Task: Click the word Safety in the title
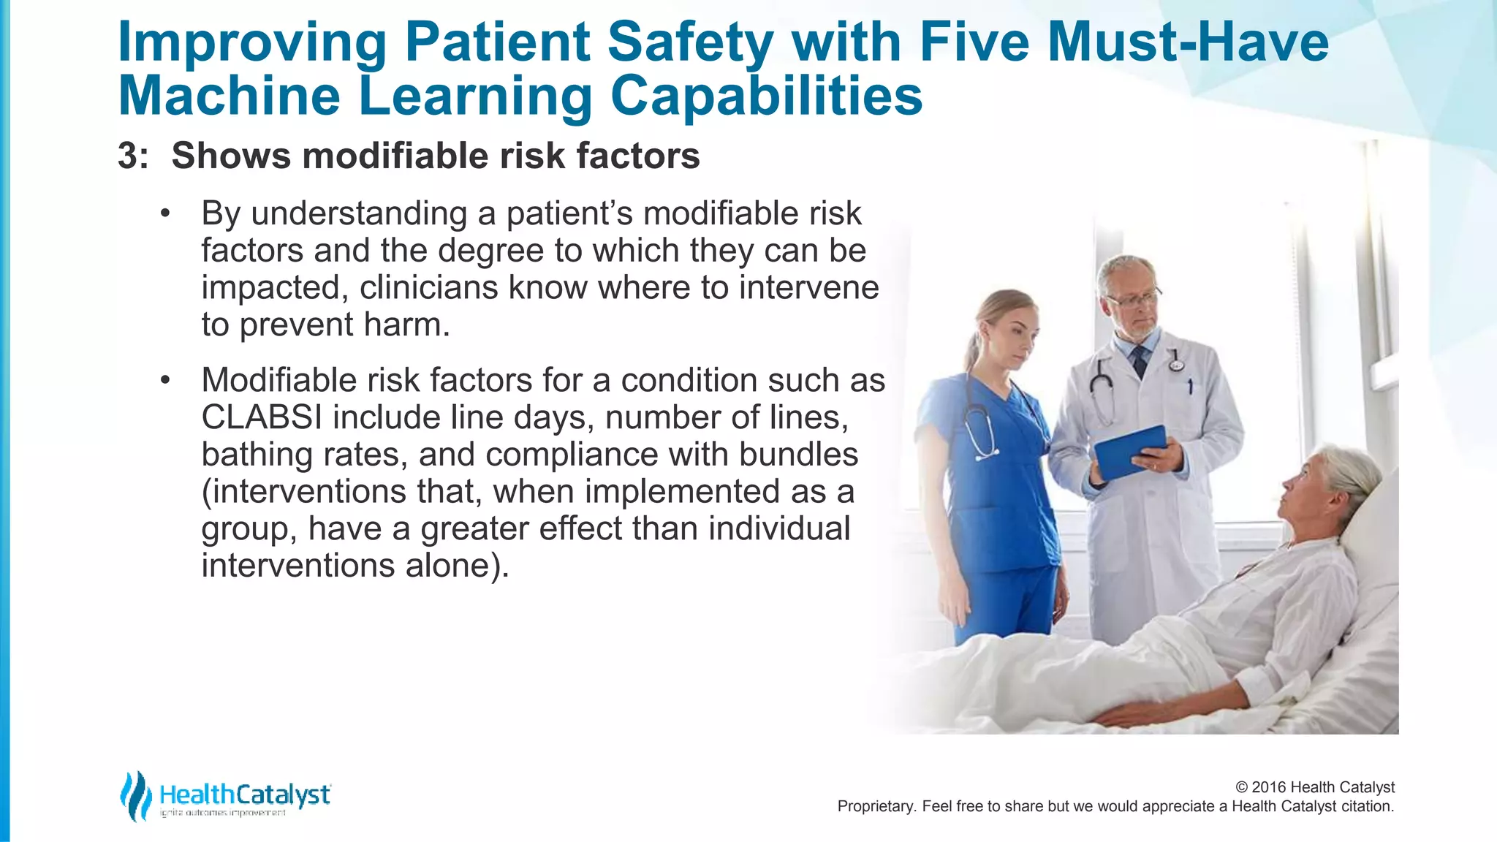pyautogui.click(x=690, y=42)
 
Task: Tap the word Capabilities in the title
pyautogui.click(x=766, y=96)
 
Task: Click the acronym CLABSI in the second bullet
pyautogui.click(x=262, y=418)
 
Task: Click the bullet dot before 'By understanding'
pyautogui.click(x=165, y=214)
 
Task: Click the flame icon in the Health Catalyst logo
pyautogui.click(x=135, y=796)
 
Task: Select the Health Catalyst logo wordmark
pyautogui.click(x=245, y=794)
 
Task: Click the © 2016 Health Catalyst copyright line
pyautogui.click(x=1314, y=787)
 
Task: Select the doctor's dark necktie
pyautogui.click(x=1139, y=360)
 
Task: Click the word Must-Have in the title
pyautogui.click(x=1188, y=42)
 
